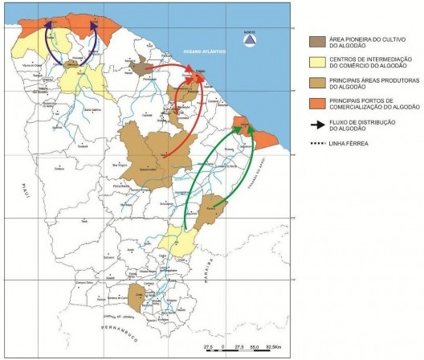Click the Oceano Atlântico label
[202, 48]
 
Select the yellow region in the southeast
[178, 240]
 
